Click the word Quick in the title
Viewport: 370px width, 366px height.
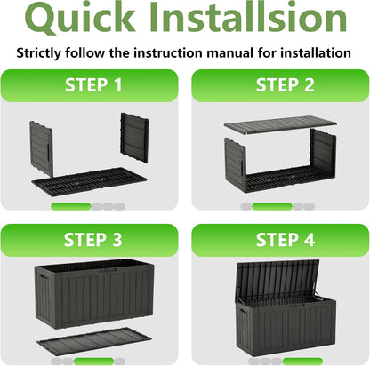point(80,18)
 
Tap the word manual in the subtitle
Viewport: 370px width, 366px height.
point(229,53)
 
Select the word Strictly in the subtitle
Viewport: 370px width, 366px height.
point(39,53)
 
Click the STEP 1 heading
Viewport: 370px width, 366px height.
point(93,85)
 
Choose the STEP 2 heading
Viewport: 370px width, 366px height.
point(285,85)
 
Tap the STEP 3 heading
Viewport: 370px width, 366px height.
point(92,240)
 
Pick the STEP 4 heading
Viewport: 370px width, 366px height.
point(285,240)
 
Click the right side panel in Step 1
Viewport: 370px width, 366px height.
point(134,138)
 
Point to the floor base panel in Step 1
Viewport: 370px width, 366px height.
point(89,181)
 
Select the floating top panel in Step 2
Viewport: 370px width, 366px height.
point(280,124)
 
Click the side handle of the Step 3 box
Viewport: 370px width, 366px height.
point(44,279)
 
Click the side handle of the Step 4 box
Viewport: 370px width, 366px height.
point(242,312)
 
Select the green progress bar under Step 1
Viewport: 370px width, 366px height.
point(71,206)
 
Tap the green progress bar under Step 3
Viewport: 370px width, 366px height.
point(93,362)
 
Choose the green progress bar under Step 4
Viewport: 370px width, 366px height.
point(302,362)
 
